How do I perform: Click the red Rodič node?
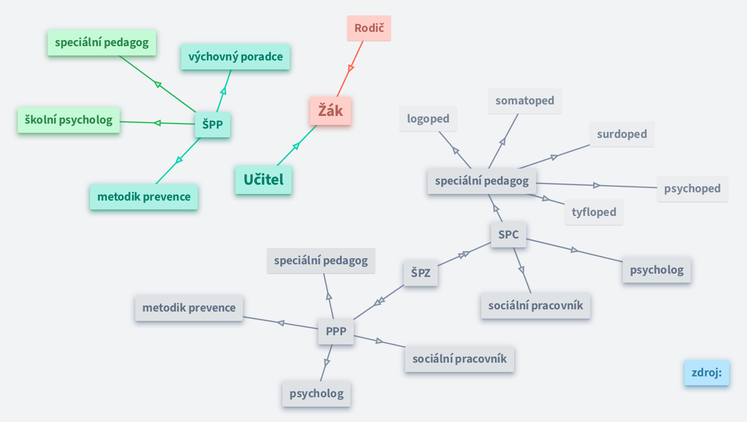pos(369,28)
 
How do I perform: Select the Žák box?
pos(330,111)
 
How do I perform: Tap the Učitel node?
pos(263,180)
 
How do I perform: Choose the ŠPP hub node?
pos(213,124)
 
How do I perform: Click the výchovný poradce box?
pos(235,57)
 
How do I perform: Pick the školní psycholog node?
pos(69,120)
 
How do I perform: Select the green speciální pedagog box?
pos(102,43)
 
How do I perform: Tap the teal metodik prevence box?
pos(143,197)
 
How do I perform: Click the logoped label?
pos(428,119)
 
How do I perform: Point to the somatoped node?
pos(525,101)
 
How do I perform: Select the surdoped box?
pos(622,134)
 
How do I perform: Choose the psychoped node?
pos(692,188)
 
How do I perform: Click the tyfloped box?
pos(594,212)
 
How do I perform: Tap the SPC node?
pos(508,235)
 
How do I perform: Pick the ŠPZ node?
pos(421,273)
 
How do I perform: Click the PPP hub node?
pos(336,331)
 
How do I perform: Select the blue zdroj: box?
pos(706,373)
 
